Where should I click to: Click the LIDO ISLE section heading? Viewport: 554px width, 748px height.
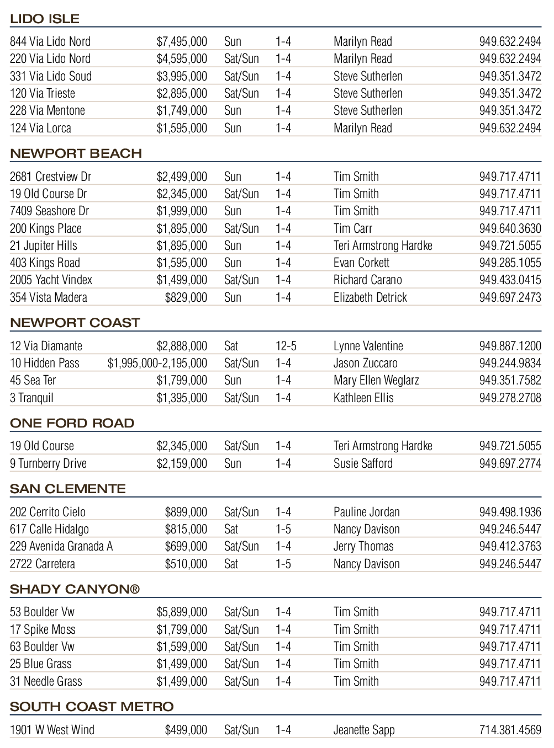(x=45, y=19)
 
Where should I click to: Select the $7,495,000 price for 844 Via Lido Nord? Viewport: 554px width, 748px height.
(x=182, y=41)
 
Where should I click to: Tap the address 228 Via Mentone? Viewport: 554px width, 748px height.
(x=48, y=110)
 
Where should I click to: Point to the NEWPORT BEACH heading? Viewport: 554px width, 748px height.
(x=76, y=153)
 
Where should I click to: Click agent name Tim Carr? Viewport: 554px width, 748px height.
(x=353, y=228)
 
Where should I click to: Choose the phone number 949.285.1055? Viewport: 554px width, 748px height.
(x=510, y=263)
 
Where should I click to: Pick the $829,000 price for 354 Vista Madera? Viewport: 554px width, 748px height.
(x=186, y=297)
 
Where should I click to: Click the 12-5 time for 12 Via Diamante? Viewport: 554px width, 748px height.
(x=286, y=346)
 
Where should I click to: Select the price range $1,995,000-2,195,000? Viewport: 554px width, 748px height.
(x=157, y=363)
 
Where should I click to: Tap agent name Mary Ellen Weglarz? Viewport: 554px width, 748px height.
(x=376, y=380)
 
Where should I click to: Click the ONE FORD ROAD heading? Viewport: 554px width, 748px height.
(x=72, y=423)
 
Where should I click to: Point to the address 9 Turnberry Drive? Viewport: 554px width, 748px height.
(x=48, y=463)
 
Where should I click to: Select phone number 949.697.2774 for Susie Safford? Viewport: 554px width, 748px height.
(x=510, y=463)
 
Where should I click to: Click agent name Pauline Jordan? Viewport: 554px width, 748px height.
(x=366, y=512)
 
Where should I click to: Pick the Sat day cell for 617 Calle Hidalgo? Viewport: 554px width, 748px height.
(x=231, y=529)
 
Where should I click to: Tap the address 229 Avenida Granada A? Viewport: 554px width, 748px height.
(x=61, y=546)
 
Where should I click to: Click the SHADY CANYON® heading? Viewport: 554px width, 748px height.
(x=75, y=589)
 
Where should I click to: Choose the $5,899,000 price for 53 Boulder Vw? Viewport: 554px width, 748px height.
(x=182, y=612)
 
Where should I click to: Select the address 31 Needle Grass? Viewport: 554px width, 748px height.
(x=46, y=681)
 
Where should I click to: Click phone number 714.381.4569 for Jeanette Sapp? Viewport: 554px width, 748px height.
(x=510, y=730)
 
